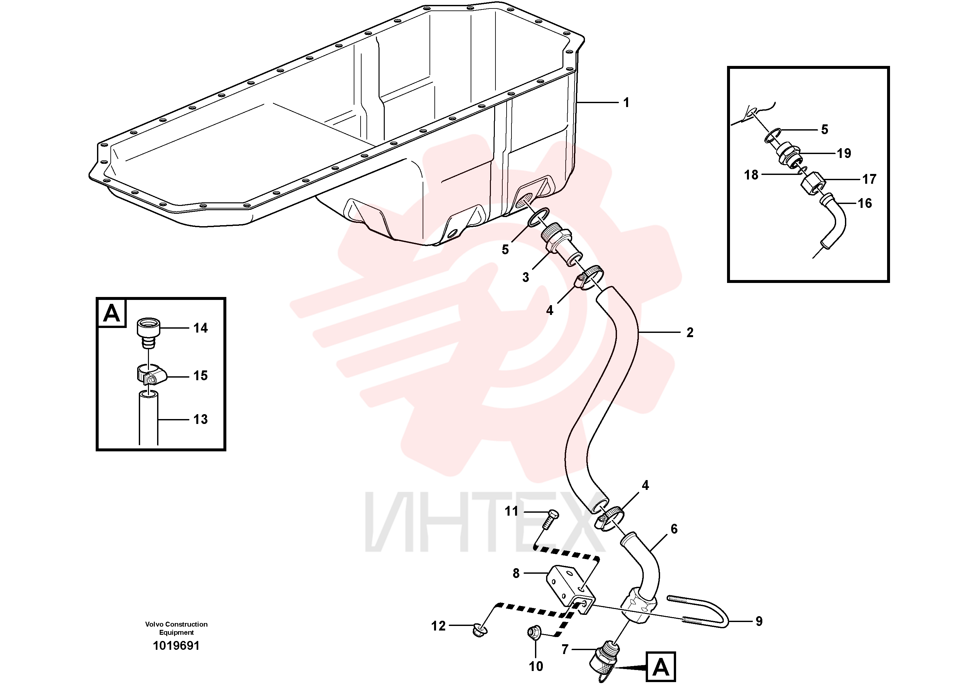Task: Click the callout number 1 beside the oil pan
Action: click(x=626, y=103)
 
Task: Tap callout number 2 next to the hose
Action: click(x=690, y=333)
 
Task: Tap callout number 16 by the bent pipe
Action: click(x=865, y=203)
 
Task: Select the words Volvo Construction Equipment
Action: click(x=177, y=628)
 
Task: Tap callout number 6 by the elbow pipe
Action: click(x=674, y=529)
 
